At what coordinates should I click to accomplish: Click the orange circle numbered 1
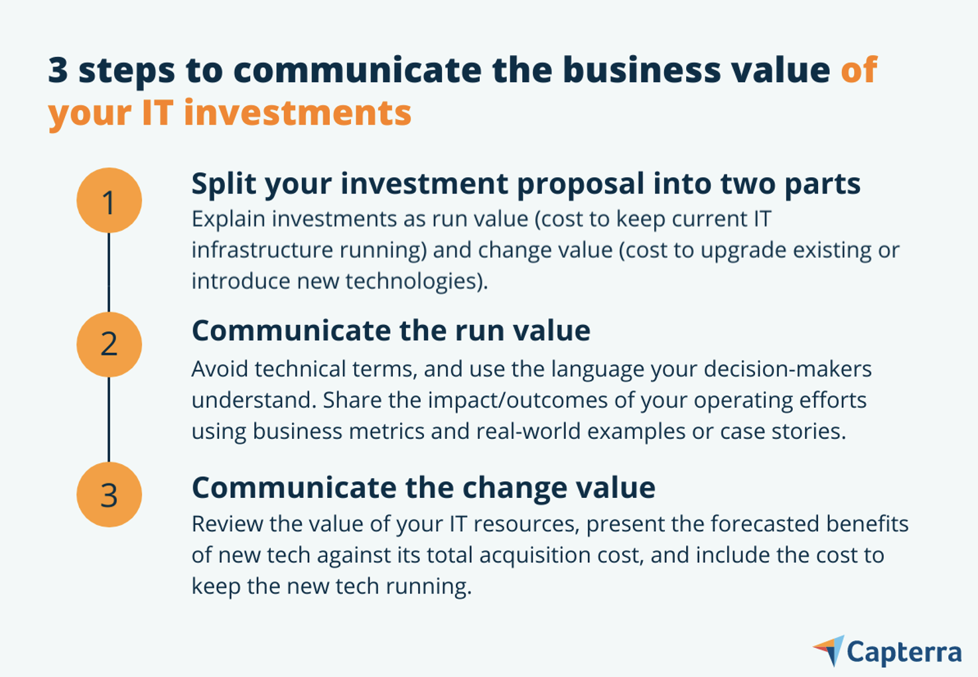coord(109,200)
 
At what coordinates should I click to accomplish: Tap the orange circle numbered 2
coord(109,344)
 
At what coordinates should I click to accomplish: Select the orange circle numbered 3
coord(109,495)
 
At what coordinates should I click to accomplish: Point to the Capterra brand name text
coord(904,652)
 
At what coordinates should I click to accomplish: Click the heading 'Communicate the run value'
coord(391,330)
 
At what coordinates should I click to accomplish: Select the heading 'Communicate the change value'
coord(423,487)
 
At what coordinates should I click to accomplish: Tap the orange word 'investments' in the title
coord(297,112)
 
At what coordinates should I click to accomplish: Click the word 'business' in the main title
coord(642,70)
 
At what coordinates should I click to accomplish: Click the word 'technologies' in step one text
coord(413,281)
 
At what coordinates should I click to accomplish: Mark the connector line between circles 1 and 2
coord(109,272)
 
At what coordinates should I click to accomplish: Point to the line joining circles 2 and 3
coord(109,419)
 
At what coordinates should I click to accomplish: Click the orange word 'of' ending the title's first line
coord(859,70)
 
